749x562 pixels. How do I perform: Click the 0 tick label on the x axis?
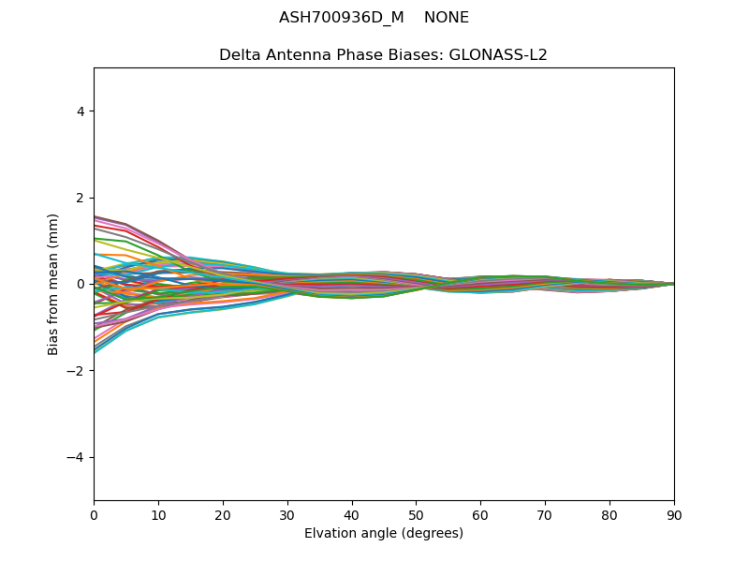pos(94,514)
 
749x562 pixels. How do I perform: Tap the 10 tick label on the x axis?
pos(158,514)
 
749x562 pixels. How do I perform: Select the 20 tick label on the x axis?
pos(223,514)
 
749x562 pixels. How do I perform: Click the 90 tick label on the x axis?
pos(674,514)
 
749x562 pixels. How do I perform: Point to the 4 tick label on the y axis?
pos(81,111)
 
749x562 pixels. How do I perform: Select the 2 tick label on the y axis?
pos(81,198)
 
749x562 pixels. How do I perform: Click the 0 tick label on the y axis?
pos(81,284)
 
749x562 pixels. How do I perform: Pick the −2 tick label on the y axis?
pos(77,371)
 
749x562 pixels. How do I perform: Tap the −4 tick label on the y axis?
pos(77,457)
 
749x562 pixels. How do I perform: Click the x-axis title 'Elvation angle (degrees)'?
pos(384,533)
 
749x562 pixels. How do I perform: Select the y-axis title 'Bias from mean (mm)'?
pos(53,284)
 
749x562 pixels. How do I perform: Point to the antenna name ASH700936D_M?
pos(342,18)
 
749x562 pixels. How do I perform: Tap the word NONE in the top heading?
pos(447,18)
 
